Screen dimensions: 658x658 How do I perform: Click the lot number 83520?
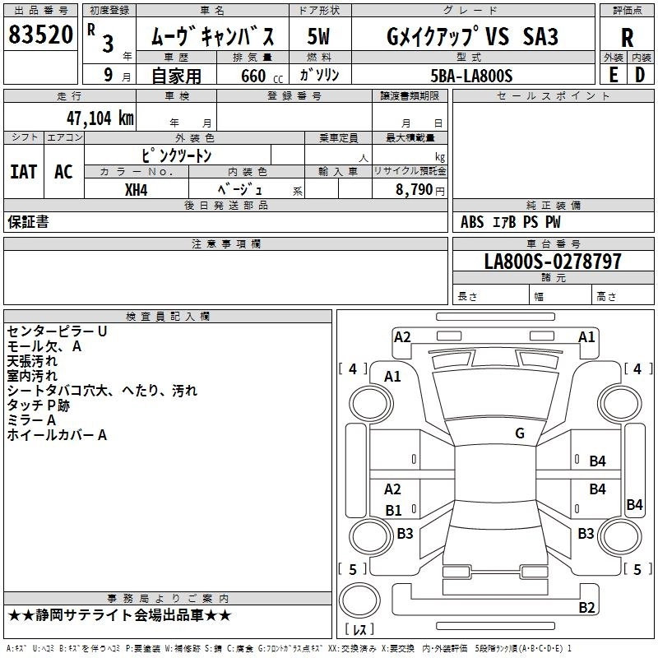[40, 35]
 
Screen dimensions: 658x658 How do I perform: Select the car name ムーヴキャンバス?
[217, 36]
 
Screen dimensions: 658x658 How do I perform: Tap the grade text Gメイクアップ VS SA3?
[472, 36]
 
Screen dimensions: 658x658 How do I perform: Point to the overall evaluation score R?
[627, 37]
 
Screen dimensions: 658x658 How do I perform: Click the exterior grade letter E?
[613, 74]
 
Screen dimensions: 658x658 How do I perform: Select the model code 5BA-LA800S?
[471, 76]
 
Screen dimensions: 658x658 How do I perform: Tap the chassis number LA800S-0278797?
[553, 262]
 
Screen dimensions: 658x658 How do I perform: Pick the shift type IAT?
[24, 171]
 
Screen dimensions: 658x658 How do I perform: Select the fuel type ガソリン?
[320, 75]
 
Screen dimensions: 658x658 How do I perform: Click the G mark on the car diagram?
[519, 433]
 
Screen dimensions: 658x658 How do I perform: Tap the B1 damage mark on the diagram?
[393, 511]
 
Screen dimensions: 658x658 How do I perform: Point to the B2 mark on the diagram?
[586, 608]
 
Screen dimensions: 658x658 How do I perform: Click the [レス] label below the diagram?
[359, 630]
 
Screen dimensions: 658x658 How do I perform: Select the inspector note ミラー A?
[31, 420]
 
